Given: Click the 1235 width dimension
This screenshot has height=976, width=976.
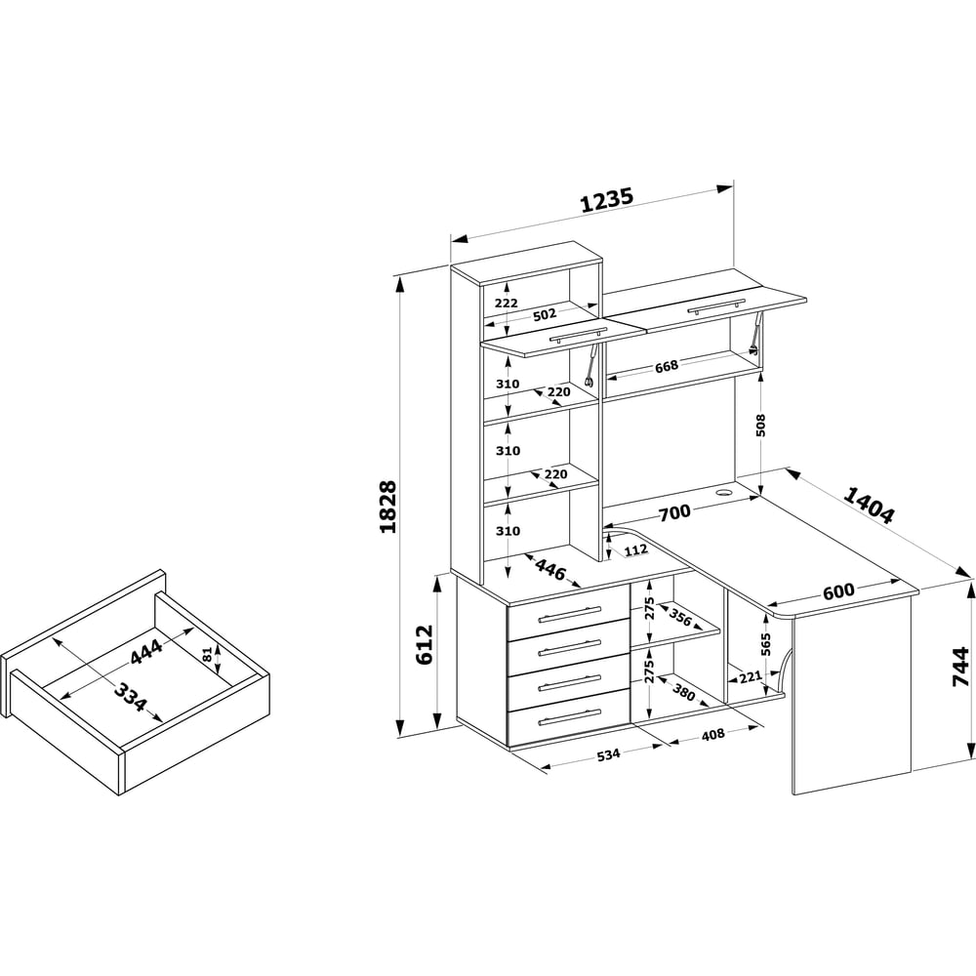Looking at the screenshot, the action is pos(607,200).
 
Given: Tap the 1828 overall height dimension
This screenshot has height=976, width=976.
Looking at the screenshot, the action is pos(387,506).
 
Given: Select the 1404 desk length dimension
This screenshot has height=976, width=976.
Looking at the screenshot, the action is pos(869,504).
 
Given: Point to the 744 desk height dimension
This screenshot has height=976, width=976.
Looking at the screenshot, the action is pos(961,666).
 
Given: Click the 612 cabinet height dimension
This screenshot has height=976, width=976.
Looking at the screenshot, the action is pos(425,645).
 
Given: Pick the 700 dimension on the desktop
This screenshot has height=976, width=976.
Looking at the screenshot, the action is pos(674,513).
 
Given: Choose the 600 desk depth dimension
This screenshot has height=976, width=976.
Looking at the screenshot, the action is pos(838,590).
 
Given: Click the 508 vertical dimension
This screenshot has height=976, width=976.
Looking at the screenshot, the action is pos(760,425).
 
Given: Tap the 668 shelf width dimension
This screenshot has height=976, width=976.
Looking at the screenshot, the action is pos(666,366).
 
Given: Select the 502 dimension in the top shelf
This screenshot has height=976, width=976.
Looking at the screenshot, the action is pos(545,314).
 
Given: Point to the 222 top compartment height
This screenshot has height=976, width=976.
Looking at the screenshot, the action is pos(506,304).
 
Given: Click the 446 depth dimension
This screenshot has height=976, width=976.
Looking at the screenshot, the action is pos(550,569).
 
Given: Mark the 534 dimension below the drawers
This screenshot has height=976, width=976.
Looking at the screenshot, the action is pos(608,754).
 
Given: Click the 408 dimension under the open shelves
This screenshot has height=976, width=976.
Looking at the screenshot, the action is pos(712,735).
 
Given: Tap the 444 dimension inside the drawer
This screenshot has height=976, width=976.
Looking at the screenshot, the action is pos(146,651).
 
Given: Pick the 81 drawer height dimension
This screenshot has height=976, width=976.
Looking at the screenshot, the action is pos(208,654).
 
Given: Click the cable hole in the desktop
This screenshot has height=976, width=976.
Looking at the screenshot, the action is pos(724,492).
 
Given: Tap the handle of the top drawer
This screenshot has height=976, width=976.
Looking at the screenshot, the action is pos(570,613).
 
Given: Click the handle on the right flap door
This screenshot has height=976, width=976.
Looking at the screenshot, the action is pos(715,305).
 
